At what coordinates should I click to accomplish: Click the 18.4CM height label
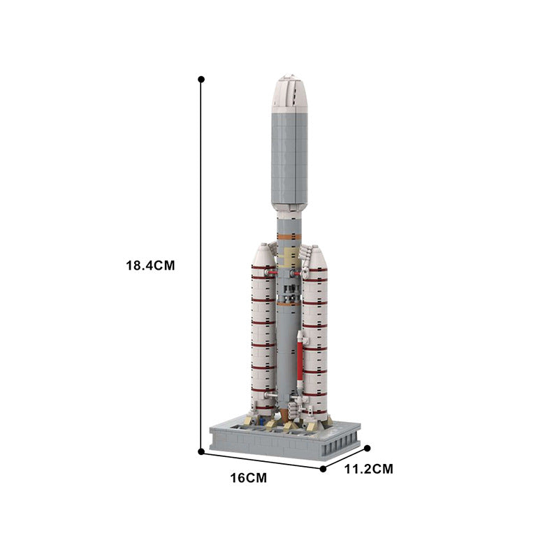click(x=149, y=266)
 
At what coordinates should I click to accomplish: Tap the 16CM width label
click(x=247, y=478)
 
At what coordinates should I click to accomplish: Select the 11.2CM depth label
click(x=368, y=470)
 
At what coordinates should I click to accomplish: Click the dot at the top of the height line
click(x=201, y=80)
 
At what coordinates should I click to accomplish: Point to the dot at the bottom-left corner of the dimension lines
click(x=201, y=452)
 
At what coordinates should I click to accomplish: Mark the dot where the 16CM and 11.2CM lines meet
click(x=323, y=469)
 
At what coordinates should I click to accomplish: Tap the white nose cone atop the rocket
click(x=289, y=92)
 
